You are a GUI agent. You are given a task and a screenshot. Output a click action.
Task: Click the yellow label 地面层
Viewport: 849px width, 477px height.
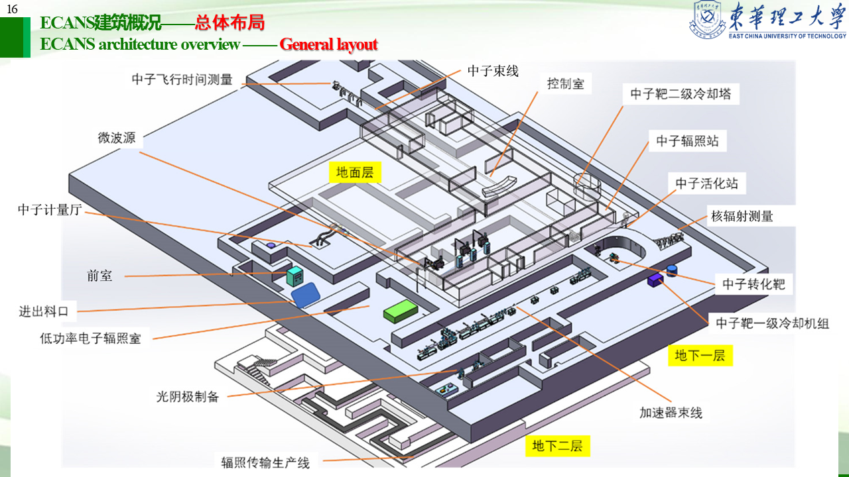(x=355, y=173)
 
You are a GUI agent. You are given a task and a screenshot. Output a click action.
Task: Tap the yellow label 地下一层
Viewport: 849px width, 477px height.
(x=700, y=356)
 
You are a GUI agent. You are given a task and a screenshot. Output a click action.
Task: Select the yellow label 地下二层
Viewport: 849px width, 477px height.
(x=557, y=446)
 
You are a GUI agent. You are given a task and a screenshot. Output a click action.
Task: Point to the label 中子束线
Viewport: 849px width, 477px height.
(x=493, y=71)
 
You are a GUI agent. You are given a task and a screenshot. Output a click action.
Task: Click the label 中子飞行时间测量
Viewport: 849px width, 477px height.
(x=182, y=79)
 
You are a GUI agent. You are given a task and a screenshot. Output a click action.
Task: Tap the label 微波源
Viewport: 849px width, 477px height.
(x=117, y=138)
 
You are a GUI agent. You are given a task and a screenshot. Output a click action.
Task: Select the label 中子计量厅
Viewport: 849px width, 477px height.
(x=50, y=210)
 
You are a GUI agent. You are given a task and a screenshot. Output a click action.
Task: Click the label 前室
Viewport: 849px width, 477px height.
(x=99, y=276)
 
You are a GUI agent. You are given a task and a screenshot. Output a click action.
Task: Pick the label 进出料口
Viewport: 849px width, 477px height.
(x=48, y=311)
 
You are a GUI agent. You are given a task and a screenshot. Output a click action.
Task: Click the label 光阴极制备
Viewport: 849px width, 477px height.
(x=188, y=397)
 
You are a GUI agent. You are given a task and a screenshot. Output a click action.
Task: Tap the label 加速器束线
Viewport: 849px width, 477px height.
(x=671, y=412)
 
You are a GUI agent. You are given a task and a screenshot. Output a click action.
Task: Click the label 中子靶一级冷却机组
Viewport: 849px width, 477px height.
(x=772, y=324)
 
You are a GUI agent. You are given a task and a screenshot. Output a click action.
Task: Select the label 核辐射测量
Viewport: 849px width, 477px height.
(x=742, y=216)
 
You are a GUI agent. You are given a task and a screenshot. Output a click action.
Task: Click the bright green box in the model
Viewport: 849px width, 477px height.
(x=401, y=310)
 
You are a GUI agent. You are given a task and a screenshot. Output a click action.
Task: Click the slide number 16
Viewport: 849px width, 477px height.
(x=12, y=9)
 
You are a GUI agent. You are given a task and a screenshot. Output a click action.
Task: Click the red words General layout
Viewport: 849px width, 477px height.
(x=328, y=44)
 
